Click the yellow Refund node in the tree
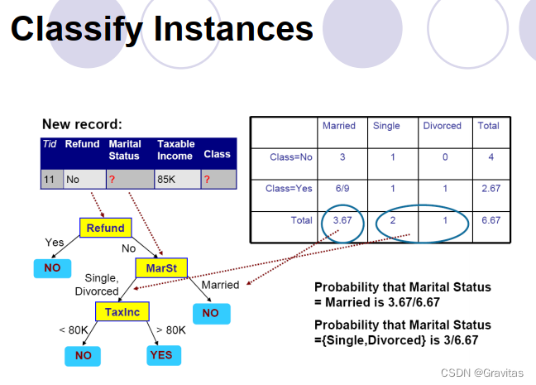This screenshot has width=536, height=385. [105, 228]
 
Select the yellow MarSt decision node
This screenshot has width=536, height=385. [161, 268]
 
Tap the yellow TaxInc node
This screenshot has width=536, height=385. [122, 311]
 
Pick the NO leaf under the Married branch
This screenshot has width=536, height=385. [210, 313]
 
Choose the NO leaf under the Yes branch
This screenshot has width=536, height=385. [51, 269]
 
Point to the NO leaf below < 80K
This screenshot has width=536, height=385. [84, 355]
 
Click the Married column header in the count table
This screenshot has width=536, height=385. [338, 126]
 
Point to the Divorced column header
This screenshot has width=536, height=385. [442, 126]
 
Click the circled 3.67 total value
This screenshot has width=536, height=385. [342, 221]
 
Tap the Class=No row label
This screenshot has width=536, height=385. [291, 156]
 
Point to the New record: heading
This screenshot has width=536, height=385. [81, 124]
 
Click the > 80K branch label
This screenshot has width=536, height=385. [171, 330]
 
